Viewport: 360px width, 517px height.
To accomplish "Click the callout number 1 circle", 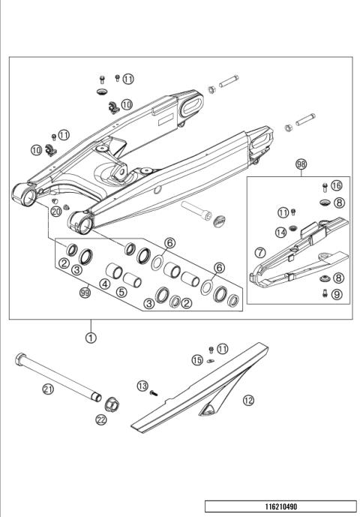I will [91, 338].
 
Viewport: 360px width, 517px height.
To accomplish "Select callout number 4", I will [105, 284].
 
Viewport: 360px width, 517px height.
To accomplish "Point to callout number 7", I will [261, 254].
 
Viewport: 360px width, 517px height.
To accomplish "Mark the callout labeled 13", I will [142, 386].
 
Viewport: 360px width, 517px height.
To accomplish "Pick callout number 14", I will [280, 232].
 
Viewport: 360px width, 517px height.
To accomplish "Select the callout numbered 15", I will [197, 360].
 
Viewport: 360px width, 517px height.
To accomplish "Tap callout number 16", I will [336, 185].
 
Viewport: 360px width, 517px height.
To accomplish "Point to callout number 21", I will [48, 388].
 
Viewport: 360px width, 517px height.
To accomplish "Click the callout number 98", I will [301, 162].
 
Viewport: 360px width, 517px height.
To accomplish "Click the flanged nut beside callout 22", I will [112, 404].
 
